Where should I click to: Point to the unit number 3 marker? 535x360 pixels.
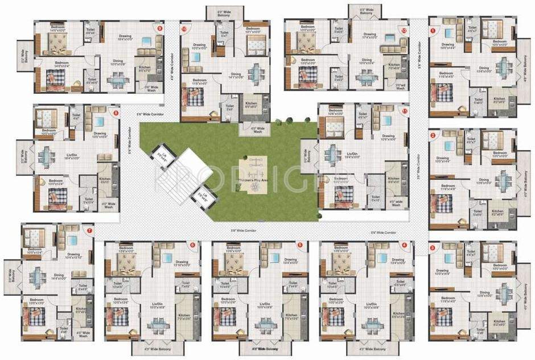[433, 247]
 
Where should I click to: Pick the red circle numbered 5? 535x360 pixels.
[299, 245]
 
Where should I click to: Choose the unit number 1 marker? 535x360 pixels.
[433, 30]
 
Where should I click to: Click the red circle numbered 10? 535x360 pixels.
[184, 28]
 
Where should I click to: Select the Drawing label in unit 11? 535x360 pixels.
[388, 136]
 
